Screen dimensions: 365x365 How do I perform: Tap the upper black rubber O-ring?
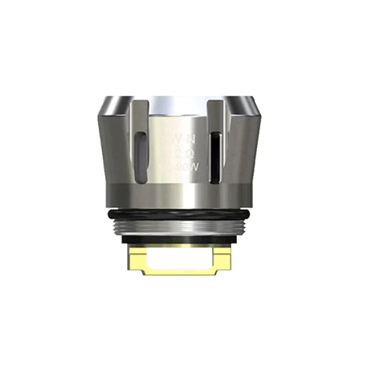(182, 213)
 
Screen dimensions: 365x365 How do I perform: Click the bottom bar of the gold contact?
(182, 272)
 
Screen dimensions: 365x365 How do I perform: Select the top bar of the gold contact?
(182, 247)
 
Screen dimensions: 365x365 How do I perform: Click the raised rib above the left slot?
(140, 114)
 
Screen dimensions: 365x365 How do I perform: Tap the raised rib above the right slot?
(215, 114)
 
